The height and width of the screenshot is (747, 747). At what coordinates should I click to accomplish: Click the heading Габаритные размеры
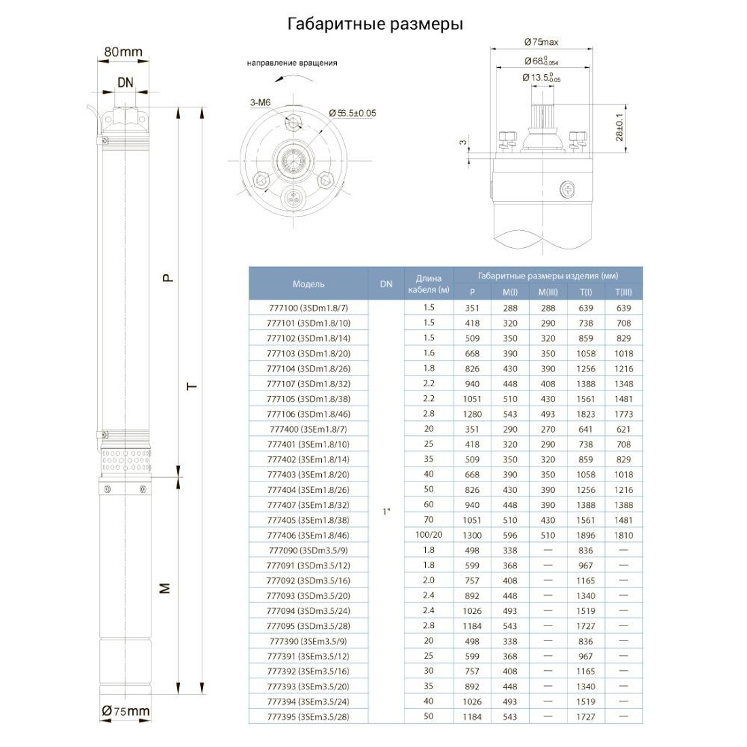375,24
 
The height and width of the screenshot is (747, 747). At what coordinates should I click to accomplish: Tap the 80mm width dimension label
124,52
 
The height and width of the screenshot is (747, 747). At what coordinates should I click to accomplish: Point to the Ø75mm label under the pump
125,711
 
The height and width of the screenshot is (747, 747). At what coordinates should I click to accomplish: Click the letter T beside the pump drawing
192,386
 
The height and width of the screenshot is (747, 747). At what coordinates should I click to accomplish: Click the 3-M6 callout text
260,103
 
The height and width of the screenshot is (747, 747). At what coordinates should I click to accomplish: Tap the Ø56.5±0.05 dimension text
352,113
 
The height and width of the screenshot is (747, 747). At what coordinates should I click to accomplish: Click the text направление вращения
291,63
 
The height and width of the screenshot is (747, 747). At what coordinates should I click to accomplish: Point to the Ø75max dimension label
541,42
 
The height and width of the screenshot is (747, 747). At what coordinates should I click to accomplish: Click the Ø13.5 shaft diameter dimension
541,78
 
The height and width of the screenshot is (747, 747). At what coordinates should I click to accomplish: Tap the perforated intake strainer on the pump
126,459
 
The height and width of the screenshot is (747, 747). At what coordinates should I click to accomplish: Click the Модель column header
308,284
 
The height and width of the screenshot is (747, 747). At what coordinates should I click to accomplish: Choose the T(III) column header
623,292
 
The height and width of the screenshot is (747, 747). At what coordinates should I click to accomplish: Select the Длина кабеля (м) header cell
429,284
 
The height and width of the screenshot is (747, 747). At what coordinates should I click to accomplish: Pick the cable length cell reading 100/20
429,535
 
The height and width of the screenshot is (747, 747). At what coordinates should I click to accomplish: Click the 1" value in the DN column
386,511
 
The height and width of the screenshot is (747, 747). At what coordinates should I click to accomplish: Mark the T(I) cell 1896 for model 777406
585,535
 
